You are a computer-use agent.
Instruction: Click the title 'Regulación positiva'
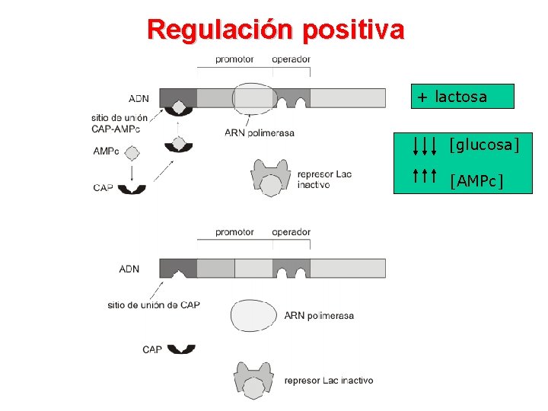click(x=276, y=30)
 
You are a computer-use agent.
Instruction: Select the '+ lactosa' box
click(x=463, y=97)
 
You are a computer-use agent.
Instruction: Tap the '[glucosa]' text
click(x=484, y=144)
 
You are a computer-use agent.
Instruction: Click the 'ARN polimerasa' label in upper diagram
click(x=260, y=132)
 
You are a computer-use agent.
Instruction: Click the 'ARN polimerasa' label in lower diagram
click(x=319, y=315)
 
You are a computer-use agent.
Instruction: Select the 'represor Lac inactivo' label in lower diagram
click(x=329, y=381)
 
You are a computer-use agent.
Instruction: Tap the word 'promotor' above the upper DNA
click(x=234, y=59)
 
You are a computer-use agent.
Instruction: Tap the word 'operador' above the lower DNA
click(x=291, y=232)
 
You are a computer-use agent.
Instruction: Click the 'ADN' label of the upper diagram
click(x=139, y=98)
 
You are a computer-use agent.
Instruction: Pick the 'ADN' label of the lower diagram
click(x=129, y=269)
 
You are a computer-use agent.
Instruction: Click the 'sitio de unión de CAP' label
click(x=154, y=305)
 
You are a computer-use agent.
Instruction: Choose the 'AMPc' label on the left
click(x=106, y=151)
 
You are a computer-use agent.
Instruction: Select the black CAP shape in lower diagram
click(x=181, y=349)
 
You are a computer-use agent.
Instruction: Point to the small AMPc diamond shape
click(x=132, y=153)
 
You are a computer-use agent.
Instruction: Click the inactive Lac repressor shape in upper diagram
click(x=271, y=178)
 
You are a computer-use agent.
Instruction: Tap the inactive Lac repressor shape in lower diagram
click(x=254, y=378)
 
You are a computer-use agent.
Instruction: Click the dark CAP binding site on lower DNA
click(x=178, y=268)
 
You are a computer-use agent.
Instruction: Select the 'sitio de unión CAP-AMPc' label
click(x=119, y=123)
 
